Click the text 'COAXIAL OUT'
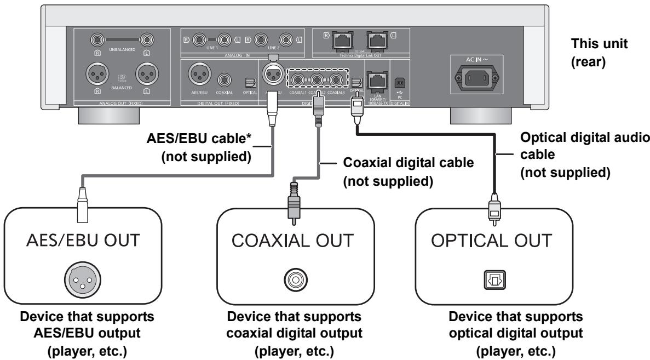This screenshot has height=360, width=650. click(295, 242)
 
